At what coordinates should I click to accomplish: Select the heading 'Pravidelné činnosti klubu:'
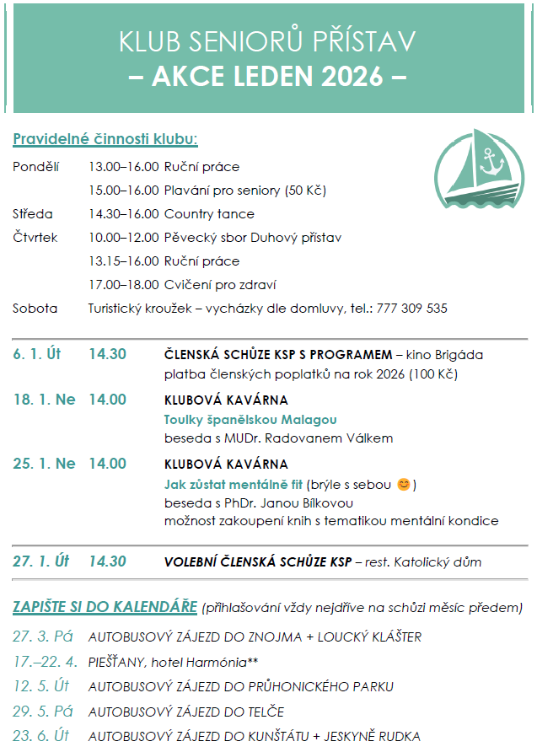[105, 139]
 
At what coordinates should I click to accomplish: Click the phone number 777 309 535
[413, 309]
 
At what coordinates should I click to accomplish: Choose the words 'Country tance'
[209, 214]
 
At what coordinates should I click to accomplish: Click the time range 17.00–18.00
[124, 285]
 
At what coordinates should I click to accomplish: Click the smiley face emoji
[404, 484]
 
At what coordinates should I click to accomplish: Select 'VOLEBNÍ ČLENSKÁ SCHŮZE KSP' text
[257, 561]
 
